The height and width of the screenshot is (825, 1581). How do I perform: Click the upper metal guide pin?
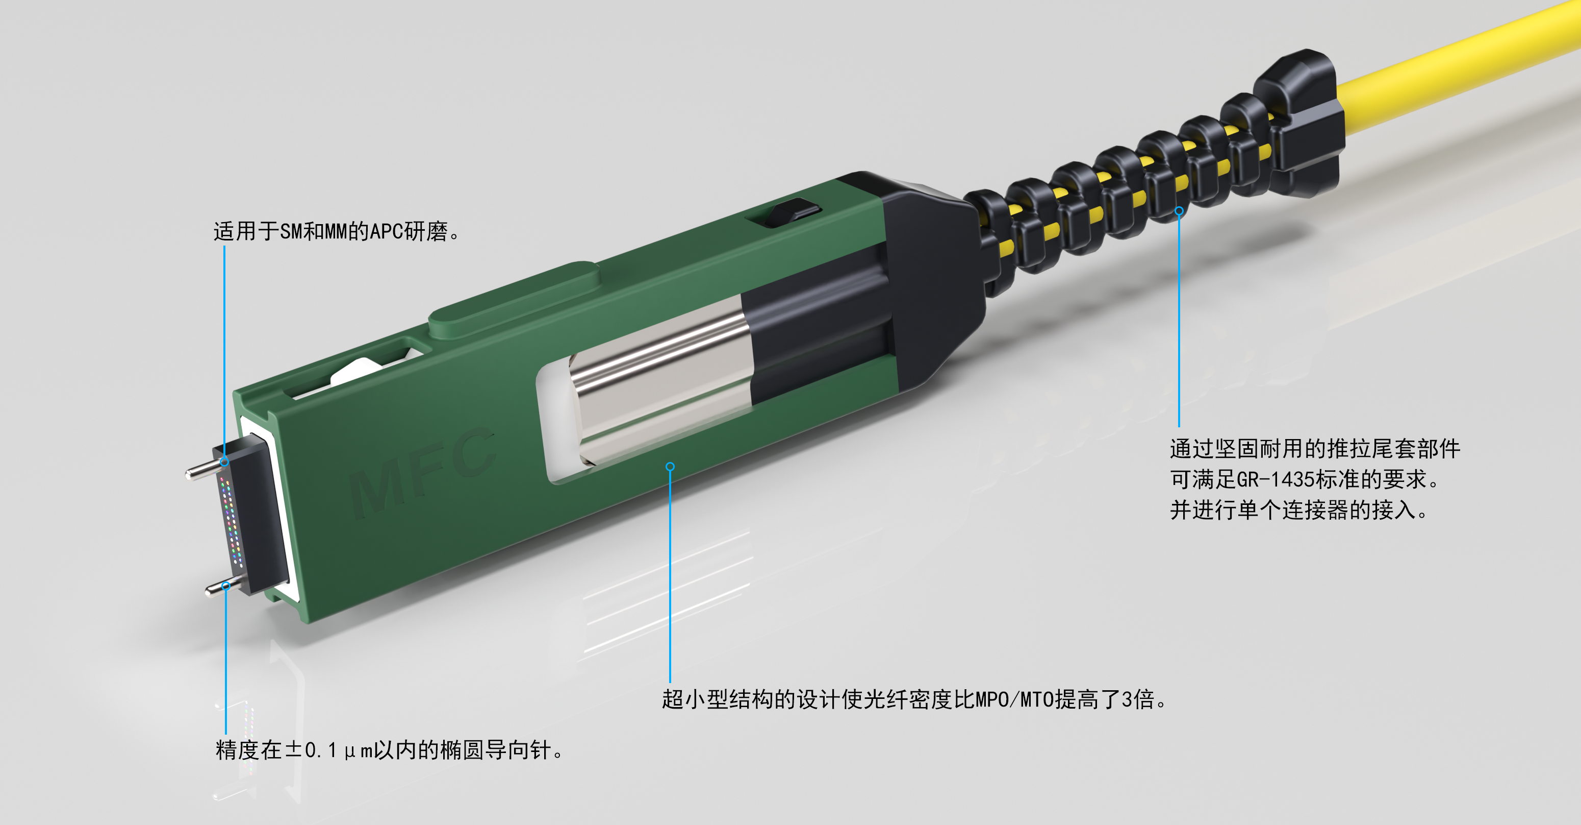pyautogui.click(x=204, y=469)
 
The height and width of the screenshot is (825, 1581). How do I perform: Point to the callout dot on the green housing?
pyautogui.click(x=670, y=467)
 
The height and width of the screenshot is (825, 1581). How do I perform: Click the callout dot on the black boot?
pyautogui.click(x=1179, y=211)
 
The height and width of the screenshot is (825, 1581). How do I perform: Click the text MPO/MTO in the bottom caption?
pyautogui.click(x=1014, y=699)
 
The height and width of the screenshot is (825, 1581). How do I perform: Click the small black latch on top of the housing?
pyautogui.click(x=784, y=212)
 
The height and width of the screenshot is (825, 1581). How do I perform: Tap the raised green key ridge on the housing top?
pyautogui.click(x=514, y=300)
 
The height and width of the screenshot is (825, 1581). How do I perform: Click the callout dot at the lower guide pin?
pyautogui.click(x=226, y=586)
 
